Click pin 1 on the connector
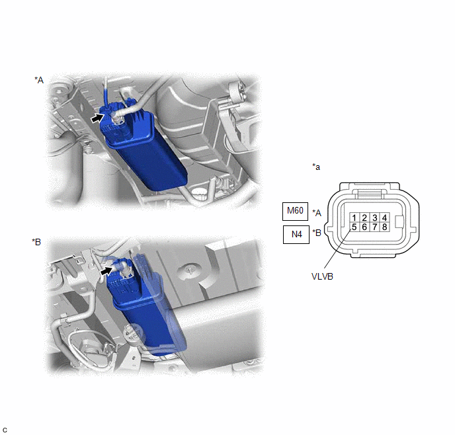[x=354, y=217]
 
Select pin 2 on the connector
[x=364, y=217]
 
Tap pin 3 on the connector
[x=374, y=217]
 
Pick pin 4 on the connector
[x=384, y=217]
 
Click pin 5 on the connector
[x=354, y=227]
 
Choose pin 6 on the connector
[x=364, y=227]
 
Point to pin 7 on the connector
[x=374, y=227]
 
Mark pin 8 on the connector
[x=384, y=227]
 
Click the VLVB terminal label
[x=322, y=276]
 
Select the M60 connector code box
[x=295, y=212]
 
